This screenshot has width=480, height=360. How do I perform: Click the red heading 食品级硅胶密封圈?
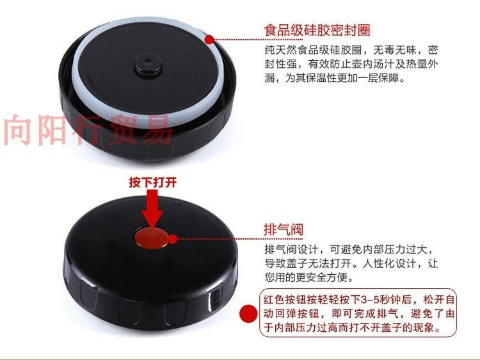[317, 30]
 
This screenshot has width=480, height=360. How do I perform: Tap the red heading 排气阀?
[284, 229]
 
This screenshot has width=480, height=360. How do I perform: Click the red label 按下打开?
[153, 183]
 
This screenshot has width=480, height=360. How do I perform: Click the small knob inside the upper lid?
[148, 65]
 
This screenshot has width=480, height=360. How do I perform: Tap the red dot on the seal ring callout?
[210, 39]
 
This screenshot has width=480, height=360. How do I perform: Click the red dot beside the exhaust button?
[173, 240]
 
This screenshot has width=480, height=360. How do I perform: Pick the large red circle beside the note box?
[248, 314]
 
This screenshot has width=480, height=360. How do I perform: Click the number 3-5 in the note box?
[370, 299]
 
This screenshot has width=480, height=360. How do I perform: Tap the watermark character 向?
[19, 130]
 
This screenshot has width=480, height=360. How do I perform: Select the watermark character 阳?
[51, 130]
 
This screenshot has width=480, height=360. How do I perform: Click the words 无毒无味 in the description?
[394, 50]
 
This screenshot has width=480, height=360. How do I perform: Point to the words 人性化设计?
[388, 263]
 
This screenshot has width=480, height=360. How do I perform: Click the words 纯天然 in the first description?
[280, 50]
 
